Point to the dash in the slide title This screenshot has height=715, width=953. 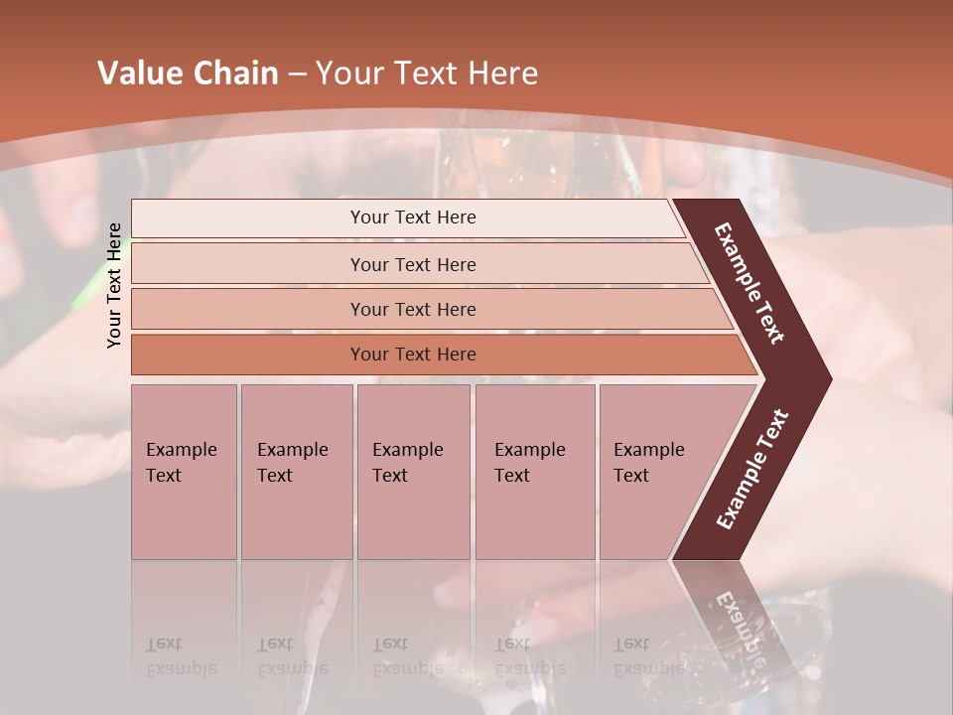coord(297,74)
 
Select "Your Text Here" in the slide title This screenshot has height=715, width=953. coord(427,73)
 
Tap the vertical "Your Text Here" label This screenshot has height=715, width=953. coord(114,285)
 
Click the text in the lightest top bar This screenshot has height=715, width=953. coord(413,217)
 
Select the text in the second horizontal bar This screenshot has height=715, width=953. coord(413,264)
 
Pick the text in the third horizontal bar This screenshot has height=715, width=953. coord(413,309)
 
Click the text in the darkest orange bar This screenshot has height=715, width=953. coord(413,354)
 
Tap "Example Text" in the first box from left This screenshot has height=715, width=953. coord(181,462)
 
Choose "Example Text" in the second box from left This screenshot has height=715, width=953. coord(292,462)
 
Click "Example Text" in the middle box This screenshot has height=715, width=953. coord(407,462)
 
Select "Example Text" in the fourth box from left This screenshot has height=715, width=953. coord(529,462)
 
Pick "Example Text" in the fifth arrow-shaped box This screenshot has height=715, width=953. coord(648,462)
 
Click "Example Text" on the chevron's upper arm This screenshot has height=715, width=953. coord(749,283)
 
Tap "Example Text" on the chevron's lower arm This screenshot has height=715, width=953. coord(752,470)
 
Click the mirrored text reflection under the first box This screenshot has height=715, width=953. coord(181,656)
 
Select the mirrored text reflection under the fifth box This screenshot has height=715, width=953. coord(648,656)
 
